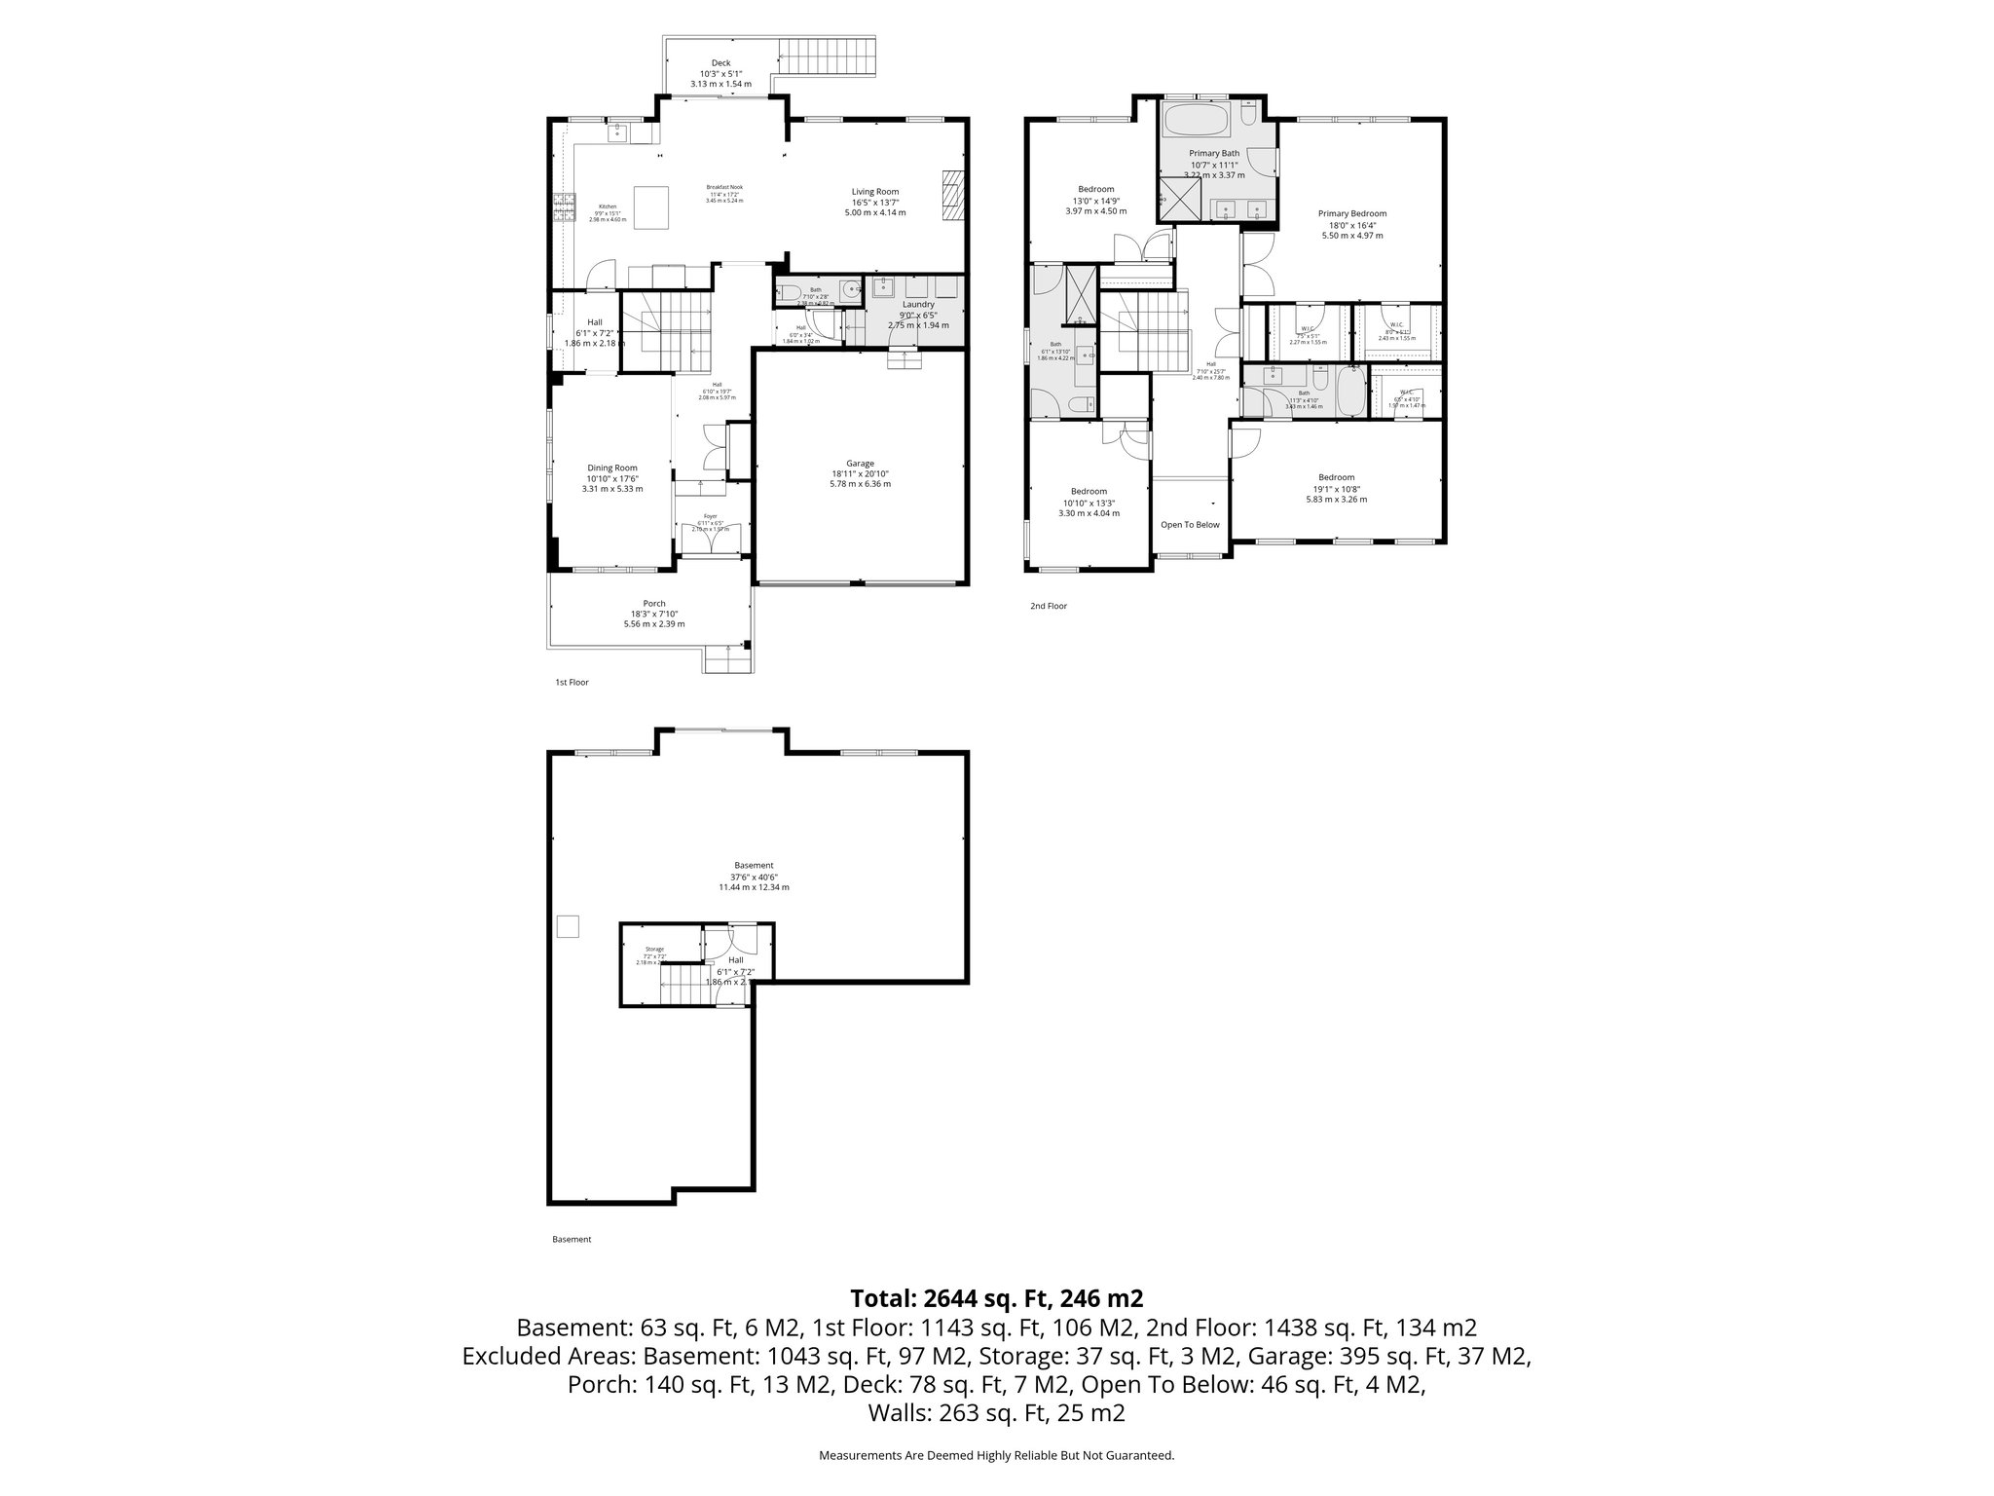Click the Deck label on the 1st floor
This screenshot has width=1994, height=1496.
point(720,63)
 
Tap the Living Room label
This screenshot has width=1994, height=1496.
point(875,192)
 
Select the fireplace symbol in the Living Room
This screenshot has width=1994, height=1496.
point(951,198)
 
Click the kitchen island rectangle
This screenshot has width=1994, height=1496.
point(651,206)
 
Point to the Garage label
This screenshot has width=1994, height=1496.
point(860,464)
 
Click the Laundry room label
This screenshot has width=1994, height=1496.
point(917,304)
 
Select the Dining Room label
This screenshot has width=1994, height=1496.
point(611,468)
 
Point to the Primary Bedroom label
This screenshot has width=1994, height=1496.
point(1351,214)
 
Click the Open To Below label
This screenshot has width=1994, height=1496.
point(1190,525)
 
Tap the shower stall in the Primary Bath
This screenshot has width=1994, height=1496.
point(1177,206)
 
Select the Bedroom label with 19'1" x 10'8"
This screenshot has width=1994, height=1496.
point(1336,478)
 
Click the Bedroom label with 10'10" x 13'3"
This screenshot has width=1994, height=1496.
point(1089,492)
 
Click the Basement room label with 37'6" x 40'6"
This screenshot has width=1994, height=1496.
point(754,866)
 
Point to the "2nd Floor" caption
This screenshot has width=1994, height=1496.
point(1049,606)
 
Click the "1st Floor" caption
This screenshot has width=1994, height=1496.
point(572,683)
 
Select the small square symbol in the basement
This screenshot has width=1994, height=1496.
point(568,926)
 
